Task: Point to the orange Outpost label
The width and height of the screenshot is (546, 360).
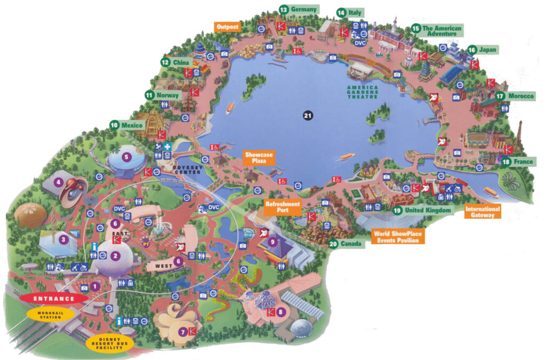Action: click(x=227, y=27)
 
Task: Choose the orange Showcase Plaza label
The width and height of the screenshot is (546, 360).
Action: click(x=259, y=158)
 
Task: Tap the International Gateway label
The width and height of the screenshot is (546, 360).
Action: click(x=482, y=212)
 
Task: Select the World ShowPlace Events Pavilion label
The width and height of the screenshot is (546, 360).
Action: click(x=398, y=237)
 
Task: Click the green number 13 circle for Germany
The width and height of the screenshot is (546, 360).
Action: click(x=284, y=10)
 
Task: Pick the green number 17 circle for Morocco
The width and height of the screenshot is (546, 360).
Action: click(x=500, y=96)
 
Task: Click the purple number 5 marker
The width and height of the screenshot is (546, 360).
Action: click(x=126, y=157)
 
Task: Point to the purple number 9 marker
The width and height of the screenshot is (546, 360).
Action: click(x=272, y=242)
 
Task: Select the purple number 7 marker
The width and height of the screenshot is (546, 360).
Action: click(x=183, y=332)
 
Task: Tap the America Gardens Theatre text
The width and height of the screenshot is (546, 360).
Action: click(x=362, y=92)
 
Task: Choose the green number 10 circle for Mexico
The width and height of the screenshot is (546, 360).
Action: click(x=114, y=125)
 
